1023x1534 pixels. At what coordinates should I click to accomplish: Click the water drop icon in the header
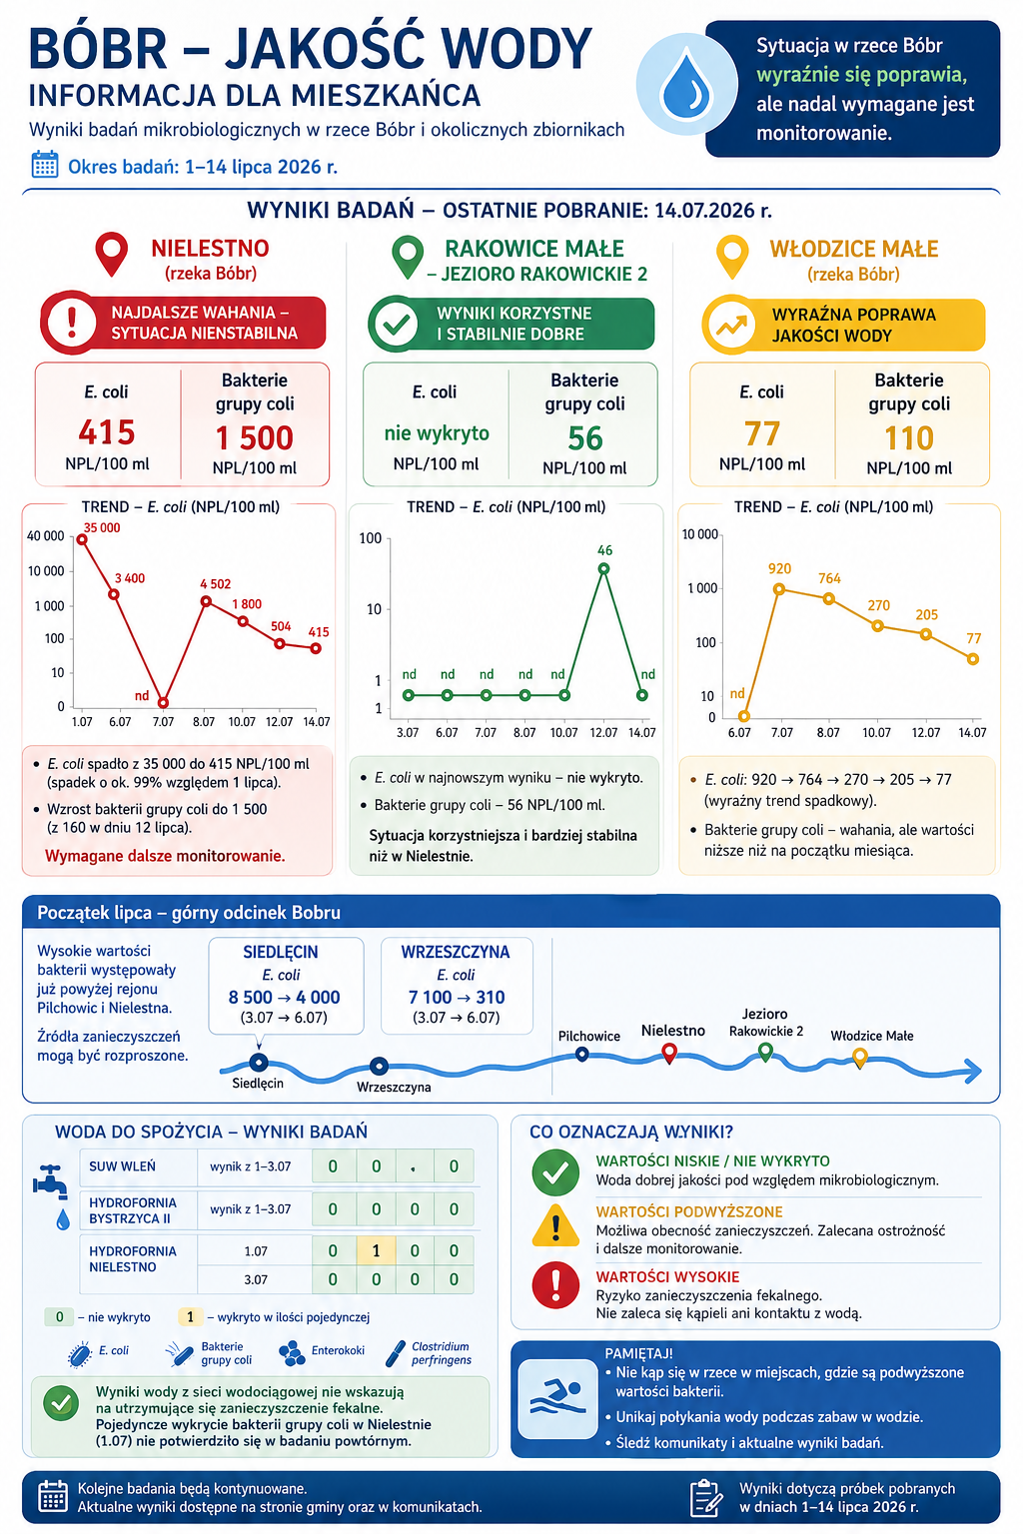pos(686,84)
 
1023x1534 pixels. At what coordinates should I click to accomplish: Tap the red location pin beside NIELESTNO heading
pos(112,254)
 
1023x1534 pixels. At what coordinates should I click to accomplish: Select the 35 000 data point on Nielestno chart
pos(82,539)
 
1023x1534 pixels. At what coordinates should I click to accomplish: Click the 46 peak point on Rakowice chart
pos(603,568)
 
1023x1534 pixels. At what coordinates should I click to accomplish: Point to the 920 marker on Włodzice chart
pos(779,589)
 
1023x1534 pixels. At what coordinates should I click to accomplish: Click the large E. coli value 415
pos(107,432)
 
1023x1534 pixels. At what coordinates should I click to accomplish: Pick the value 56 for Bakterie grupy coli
pos(584,438)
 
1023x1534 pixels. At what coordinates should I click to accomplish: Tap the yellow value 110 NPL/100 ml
pos(908,438)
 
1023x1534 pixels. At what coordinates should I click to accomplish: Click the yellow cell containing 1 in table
pos(376,1250)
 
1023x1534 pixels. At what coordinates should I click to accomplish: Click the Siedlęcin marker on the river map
pos(259,1063)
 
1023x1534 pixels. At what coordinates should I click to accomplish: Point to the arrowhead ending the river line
pos(974,1071)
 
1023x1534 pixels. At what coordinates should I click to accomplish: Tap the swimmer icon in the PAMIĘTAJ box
pos(557,1399)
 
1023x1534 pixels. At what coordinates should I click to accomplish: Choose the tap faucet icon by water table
pos(51,1181)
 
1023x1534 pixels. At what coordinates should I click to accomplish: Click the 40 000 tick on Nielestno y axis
pos(45,536)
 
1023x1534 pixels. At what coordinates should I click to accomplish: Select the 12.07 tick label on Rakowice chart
pos(603,733)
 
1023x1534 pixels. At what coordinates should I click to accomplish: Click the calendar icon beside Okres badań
pos(45,165)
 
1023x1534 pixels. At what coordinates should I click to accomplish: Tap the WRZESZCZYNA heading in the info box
pos(456,952)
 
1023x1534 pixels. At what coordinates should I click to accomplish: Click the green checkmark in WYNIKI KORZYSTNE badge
pos(396,324)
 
